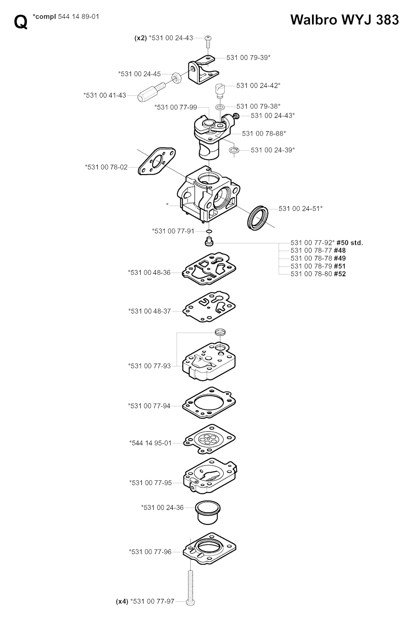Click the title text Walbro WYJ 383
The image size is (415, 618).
pos(344,20)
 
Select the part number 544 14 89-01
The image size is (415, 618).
pos(79,17)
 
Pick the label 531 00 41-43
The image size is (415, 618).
pos(105,95)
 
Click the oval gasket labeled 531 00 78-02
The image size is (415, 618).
pos(157,161)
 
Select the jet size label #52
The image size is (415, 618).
pos(340,274)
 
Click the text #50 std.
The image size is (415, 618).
pos(350,243)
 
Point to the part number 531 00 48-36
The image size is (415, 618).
pos(149,273)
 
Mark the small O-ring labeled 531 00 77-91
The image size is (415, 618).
pos(209,231)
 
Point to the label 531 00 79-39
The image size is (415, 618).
pos(248,58)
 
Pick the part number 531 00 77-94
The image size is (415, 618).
pos(149,406)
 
